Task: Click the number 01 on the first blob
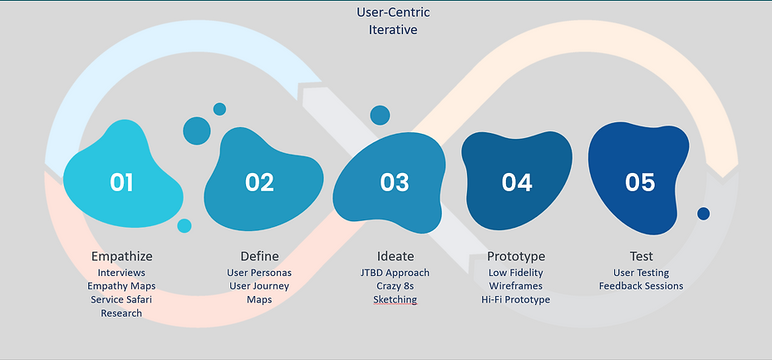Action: tap(121, 181)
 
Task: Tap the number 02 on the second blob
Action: tap(259, 181)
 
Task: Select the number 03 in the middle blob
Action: tap(394, 181)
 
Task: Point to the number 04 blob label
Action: tap(517, 181)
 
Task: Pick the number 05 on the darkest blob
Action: tap(640, 181)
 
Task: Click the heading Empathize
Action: tap(121, 256)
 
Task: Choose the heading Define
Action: tap(259, 256)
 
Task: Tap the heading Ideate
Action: tap(395, 256)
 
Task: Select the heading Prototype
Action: tap(515, 256)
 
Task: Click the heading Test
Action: tap(641, 256)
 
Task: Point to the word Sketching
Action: tap(395, 299)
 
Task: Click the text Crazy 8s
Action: tap(395, 286)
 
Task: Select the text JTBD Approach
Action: tap(395, 273)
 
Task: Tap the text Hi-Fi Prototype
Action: tap(515, 299)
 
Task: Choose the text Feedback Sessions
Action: tap(641, 286)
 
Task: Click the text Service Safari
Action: tap(121, 299)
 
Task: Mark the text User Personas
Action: tap(259, 273)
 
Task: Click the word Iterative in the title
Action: tap(393, 30)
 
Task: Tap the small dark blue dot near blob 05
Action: tap(703, 214)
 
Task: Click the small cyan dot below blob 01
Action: tap(184, 225)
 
